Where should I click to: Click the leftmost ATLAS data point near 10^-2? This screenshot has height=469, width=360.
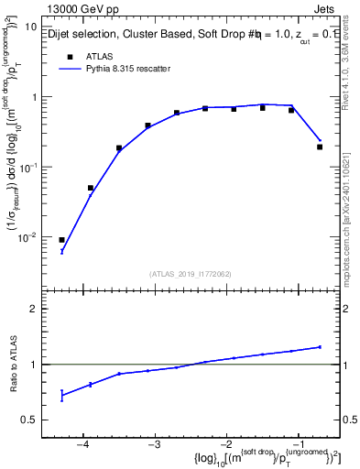[x=61, y=240]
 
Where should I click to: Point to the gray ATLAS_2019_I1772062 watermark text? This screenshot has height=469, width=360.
[x=190, y=274]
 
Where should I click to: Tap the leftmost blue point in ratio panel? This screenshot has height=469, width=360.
[x=61, y=395]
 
